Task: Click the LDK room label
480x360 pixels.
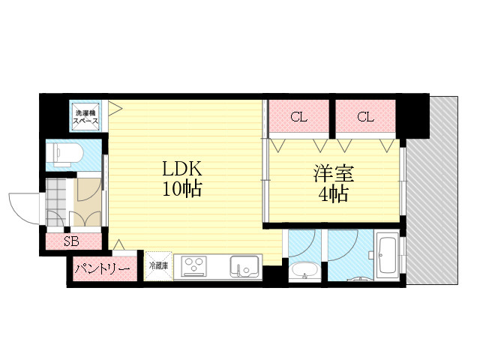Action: point(181,169)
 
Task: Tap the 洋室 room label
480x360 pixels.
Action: point(334,173)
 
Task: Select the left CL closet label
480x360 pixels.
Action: point(299,117)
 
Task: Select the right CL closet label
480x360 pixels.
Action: point(365,117)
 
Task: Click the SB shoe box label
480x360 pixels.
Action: point(71,241)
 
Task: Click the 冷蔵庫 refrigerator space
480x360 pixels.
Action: point(158,265)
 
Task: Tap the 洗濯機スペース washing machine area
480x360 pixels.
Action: point(85,117)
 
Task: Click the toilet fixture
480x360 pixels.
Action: point(68,154)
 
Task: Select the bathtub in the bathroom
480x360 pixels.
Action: point(387,255)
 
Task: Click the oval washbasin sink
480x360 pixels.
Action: point(304,270)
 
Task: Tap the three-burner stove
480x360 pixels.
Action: point(193,267)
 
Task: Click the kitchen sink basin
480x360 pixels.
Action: point(244,266)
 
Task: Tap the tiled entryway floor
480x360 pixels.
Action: point(56,202)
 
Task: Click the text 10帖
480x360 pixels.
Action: point(181,189)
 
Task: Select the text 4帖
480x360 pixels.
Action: point(333,193)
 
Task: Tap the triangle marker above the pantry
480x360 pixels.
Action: point(119,244)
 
